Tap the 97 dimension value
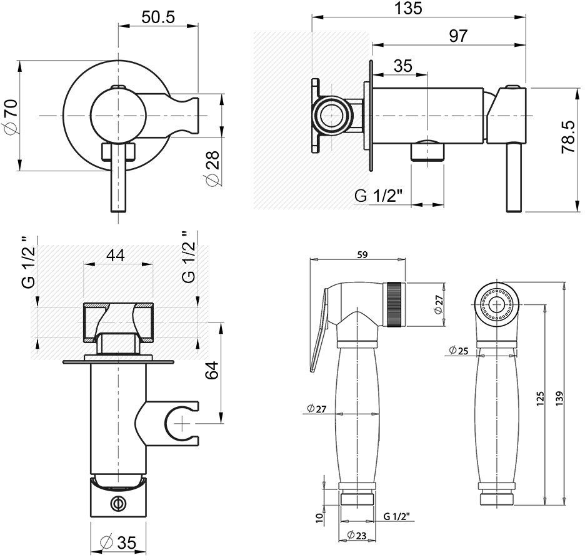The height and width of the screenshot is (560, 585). (457, 36)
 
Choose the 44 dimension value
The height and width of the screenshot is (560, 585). (116, 254)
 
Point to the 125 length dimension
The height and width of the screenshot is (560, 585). (541, 397)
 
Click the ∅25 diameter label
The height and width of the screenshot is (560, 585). (459, 351)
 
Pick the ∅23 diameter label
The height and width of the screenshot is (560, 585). (357, 535)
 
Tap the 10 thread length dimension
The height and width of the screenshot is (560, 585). (319, 517)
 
